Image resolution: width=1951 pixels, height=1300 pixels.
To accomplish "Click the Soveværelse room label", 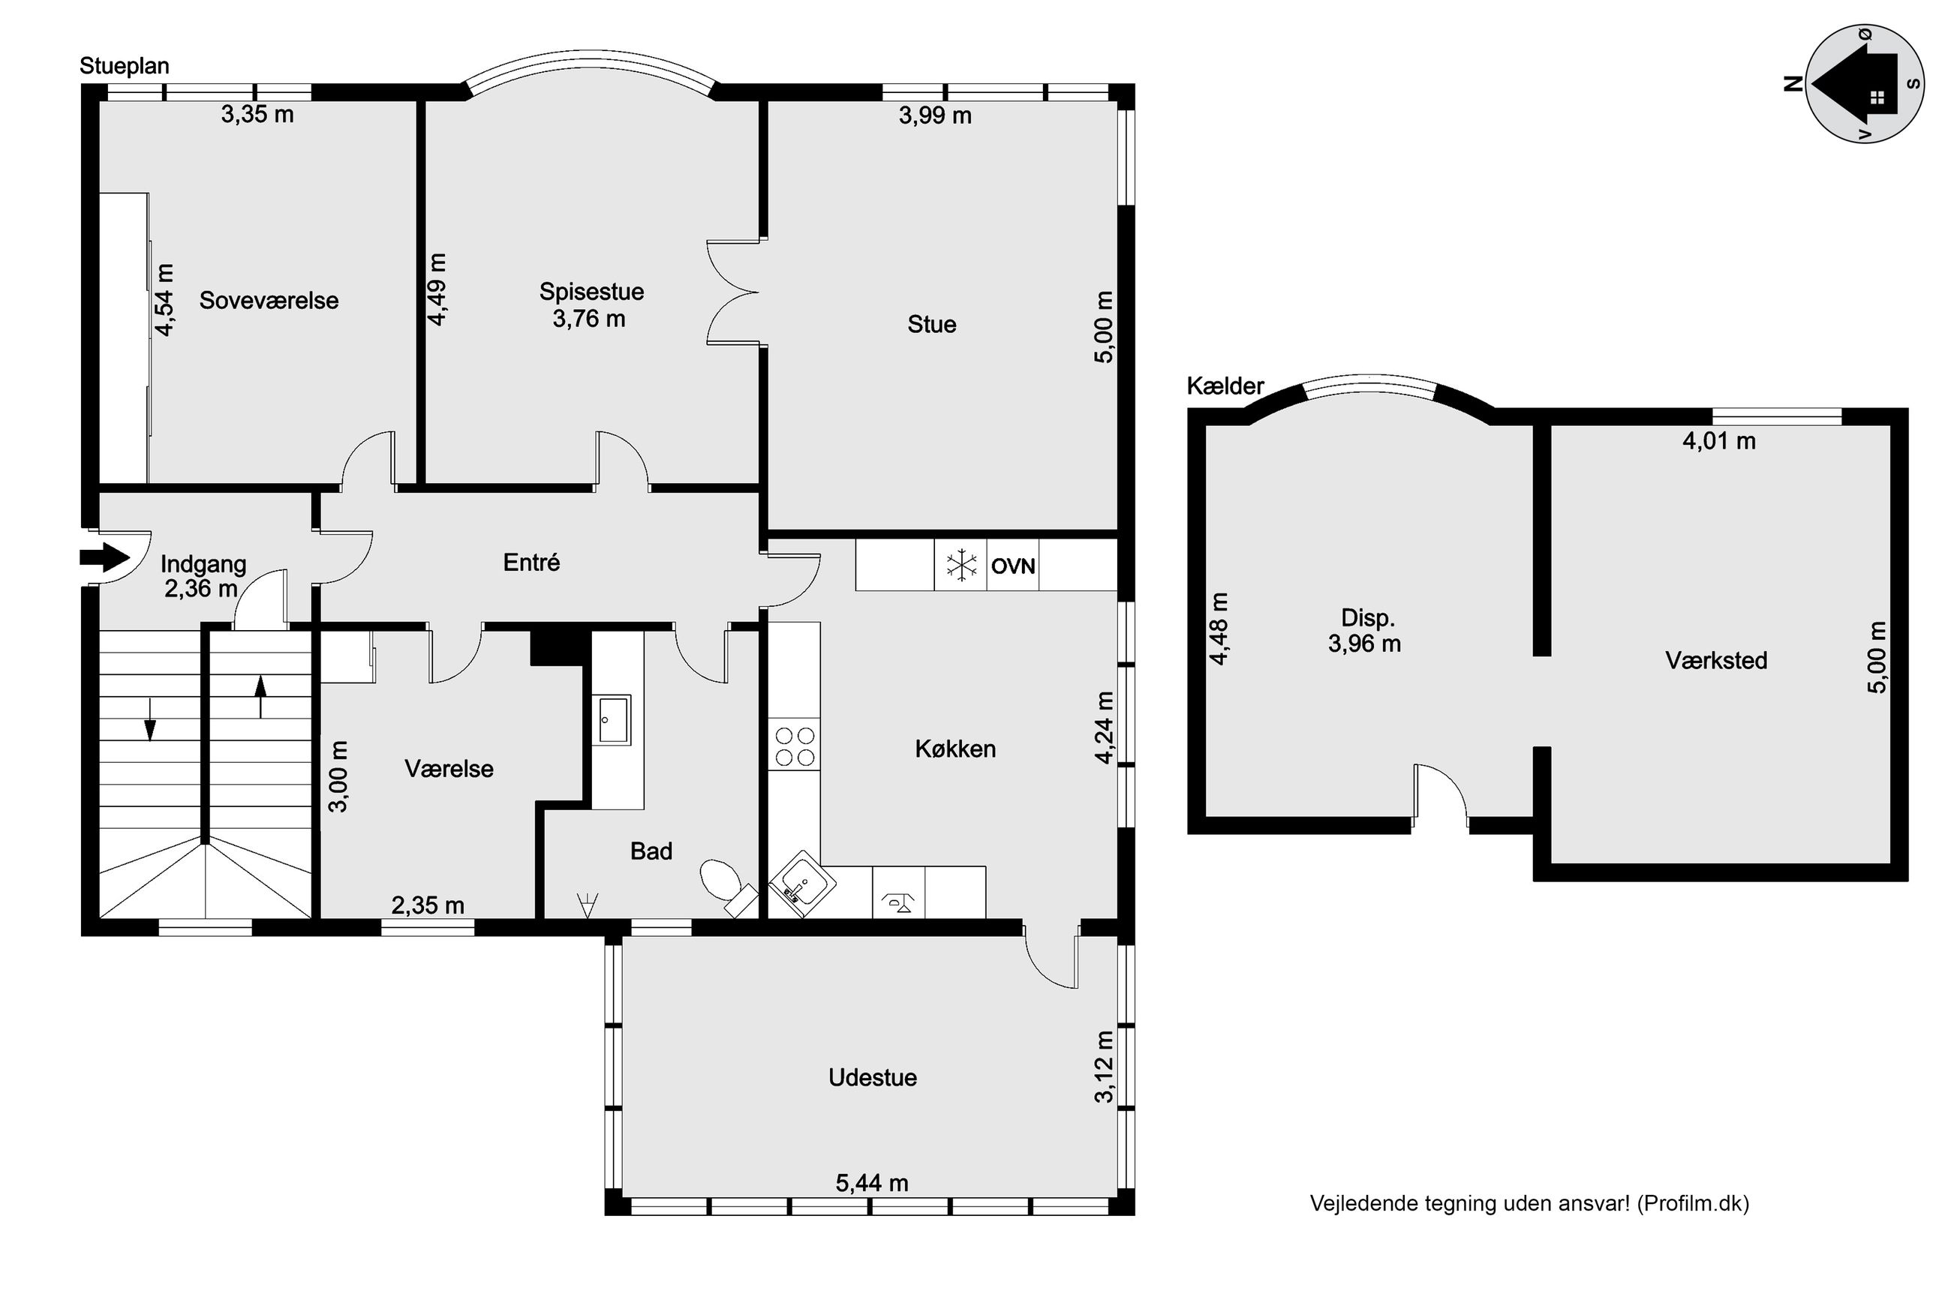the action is pyautogui.click(x=269, y=300).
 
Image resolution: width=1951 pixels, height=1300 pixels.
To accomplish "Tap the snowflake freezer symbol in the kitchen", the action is pyautogui.click(x=961, y=566).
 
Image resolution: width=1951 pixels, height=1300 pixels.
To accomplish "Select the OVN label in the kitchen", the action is pyautogui.click(x=1012, y=566).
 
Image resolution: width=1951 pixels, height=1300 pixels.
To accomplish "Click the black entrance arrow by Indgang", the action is pyautogui.click(x=105, y=557).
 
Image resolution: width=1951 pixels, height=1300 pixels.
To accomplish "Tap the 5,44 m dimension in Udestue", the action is pyautogui.click(x=871, y=1183).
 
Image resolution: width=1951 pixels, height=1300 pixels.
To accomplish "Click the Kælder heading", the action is pyautogui.click(x=1225, y=386).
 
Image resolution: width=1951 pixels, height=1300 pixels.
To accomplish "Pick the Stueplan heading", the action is pyautogui.click(x=125, y=66).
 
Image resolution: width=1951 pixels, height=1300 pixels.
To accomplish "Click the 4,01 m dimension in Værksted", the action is pyautogui.click(x=1719, y=441).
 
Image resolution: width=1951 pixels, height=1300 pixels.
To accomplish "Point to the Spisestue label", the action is pyautogui.click(x=591, y=292).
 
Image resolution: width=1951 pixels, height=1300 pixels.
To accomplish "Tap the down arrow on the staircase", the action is pyautogui.click(x=150, y=719).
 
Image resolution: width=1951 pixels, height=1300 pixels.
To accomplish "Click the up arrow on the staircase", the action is pyautogui.click(x=260, y=697).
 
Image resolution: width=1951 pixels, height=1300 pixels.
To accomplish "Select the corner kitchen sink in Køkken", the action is pyautogui.click(x=801, y=884).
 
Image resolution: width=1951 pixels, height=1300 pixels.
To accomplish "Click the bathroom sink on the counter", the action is pyautogui.click(x=613, y=719).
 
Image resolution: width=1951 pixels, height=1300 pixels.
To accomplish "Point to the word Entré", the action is pyautogui.click(x=531, y=562).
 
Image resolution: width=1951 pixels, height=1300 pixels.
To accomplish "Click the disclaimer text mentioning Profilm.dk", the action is pyautogui.click(x=1529, y=1203).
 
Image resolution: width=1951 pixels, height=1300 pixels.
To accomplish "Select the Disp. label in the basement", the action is pyautogui.click(x=1368, y=617).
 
